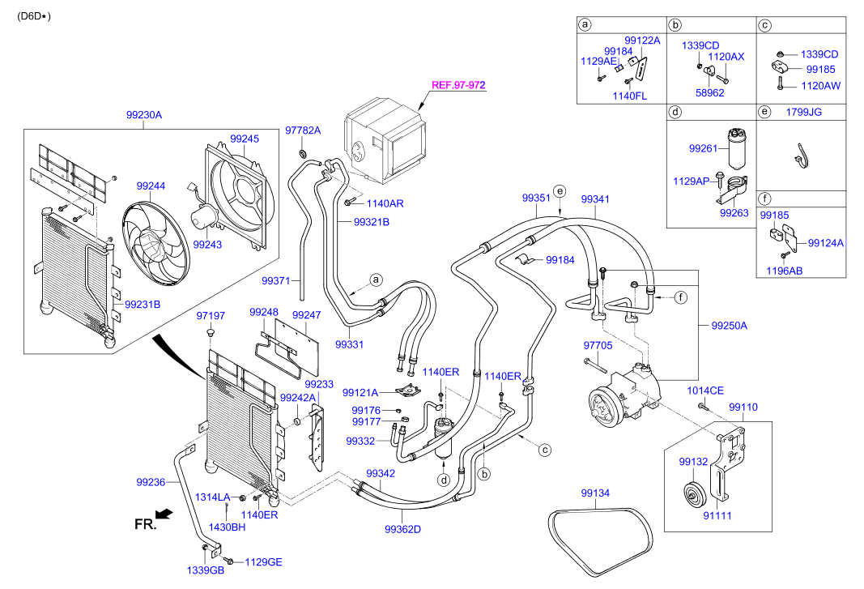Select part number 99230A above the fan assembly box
(144, 115)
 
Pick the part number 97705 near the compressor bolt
(599, 344)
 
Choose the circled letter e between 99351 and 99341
(559, 191)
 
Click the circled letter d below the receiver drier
(444, 480)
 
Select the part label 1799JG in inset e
(803, 112)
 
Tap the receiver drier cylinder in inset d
(737, 147)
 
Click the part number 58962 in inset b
(709, 92)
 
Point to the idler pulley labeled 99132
(693, 493)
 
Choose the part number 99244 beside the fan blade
(151, 186)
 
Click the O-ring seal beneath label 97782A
(303, 153)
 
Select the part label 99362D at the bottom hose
(402, 530)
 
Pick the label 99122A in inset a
(642, 40)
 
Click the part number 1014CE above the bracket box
(705, 391)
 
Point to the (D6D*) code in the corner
(33, 15)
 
